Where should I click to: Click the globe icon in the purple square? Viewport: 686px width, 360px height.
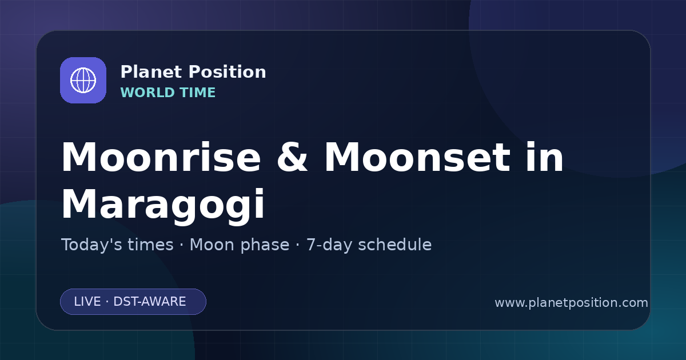(83, 80)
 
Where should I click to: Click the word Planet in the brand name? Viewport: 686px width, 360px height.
(151, 72)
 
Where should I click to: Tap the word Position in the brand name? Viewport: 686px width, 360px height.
(228, 72)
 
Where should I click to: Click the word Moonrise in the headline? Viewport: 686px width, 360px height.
(161, 157)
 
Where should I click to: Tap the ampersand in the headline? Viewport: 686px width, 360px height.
(292, 157)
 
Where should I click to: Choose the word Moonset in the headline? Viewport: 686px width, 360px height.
(417, 157)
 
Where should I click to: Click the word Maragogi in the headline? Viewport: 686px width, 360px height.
(163, 205)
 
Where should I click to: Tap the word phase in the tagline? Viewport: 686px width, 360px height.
(265, 245)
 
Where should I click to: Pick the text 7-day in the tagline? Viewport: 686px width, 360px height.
(329, 245)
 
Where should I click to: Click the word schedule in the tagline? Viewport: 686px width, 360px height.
(395, 245)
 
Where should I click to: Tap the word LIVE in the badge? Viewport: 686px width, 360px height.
(87, 302)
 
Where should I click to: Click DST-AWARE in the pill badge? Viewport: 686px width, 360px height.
(149, 302)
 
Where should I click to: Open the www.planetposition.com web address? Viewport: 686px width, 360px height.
(572, 303)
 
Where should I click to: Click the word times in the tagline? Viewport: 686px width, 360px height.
(150, 245)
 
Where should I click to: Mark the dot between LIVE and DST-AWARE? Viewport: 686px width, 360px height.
(107, 302)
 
